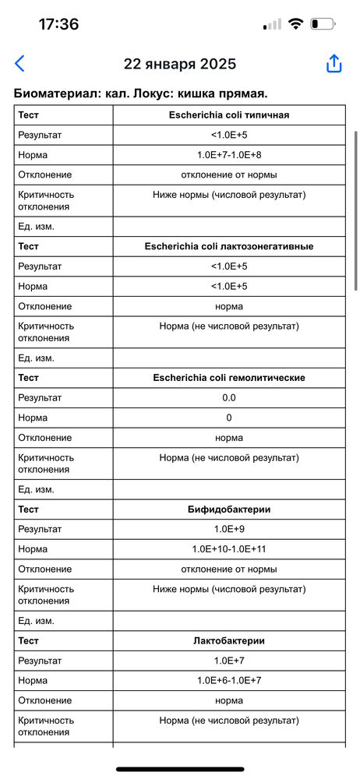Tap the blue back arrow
[x=19, y=64]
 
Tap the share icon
[x=334, y=64]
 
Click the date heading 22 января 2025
[x=180, y=64]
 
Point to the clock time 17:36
[x=58, y=24]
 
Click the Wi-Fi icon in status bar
[x=295, y=24]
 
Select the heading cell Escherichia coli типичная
[x=229, y=115]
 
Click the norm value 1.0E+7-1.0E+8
[x=229, y=154]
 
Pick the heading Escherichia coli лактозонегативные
[x=229, y=246]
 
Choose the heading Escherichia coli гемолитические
[x=229, y=378]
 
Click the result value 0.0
[x=229, y=398]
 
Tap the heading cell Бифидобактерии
[x=229, y=509]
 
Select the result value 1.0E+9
[x=229, y=529]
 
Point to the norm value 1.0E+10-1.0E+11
[x=229, y=549]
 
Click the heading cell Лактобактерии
[x=229, y=641]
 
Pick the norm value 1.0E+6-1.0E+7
[x=229, y=681]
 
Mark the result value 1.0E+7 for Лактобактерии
[x=229, y=661]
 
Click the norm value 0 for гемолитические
[x=229, y=418]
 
